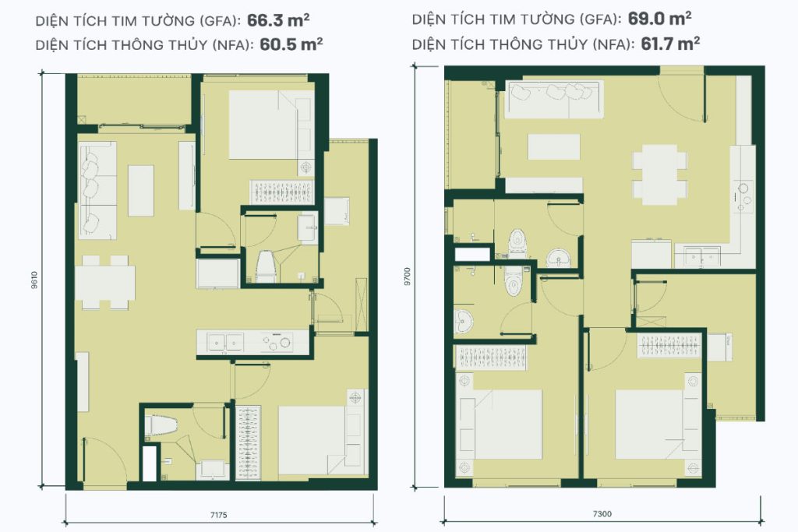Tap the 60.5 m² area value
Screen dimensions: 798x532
tap(291, 44)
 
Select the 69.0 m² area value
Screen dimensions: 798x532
tap(659, 19)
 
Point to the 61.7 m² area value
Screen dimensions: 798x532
tap(670, 44)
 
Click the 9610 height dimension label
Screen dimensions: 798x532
tap(34, 280)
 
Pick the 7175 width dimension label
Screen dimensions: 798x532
tap(219, 515)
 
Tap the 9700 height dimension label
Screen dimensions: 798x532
tap(407, 277)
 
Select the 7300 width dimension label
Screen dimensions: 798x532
tap(602, 513)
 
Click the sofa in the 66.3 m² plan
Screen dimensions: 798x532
tap(97, 190)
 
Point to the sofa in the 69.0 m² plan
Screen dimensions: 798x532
tap(554, 99)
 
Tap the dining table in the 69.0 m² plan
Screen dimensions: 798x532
tap(659, 175)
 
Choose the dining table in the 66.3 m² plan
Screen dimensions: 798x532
tap(105, 282)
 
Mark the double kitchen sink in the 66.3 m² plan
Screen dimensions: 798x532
tap(225, 342)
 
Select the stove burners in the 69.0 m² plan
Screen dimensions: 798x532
tap(742, 194)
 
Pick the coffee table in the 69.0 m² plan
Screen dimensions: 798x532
tap(554, 147)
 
